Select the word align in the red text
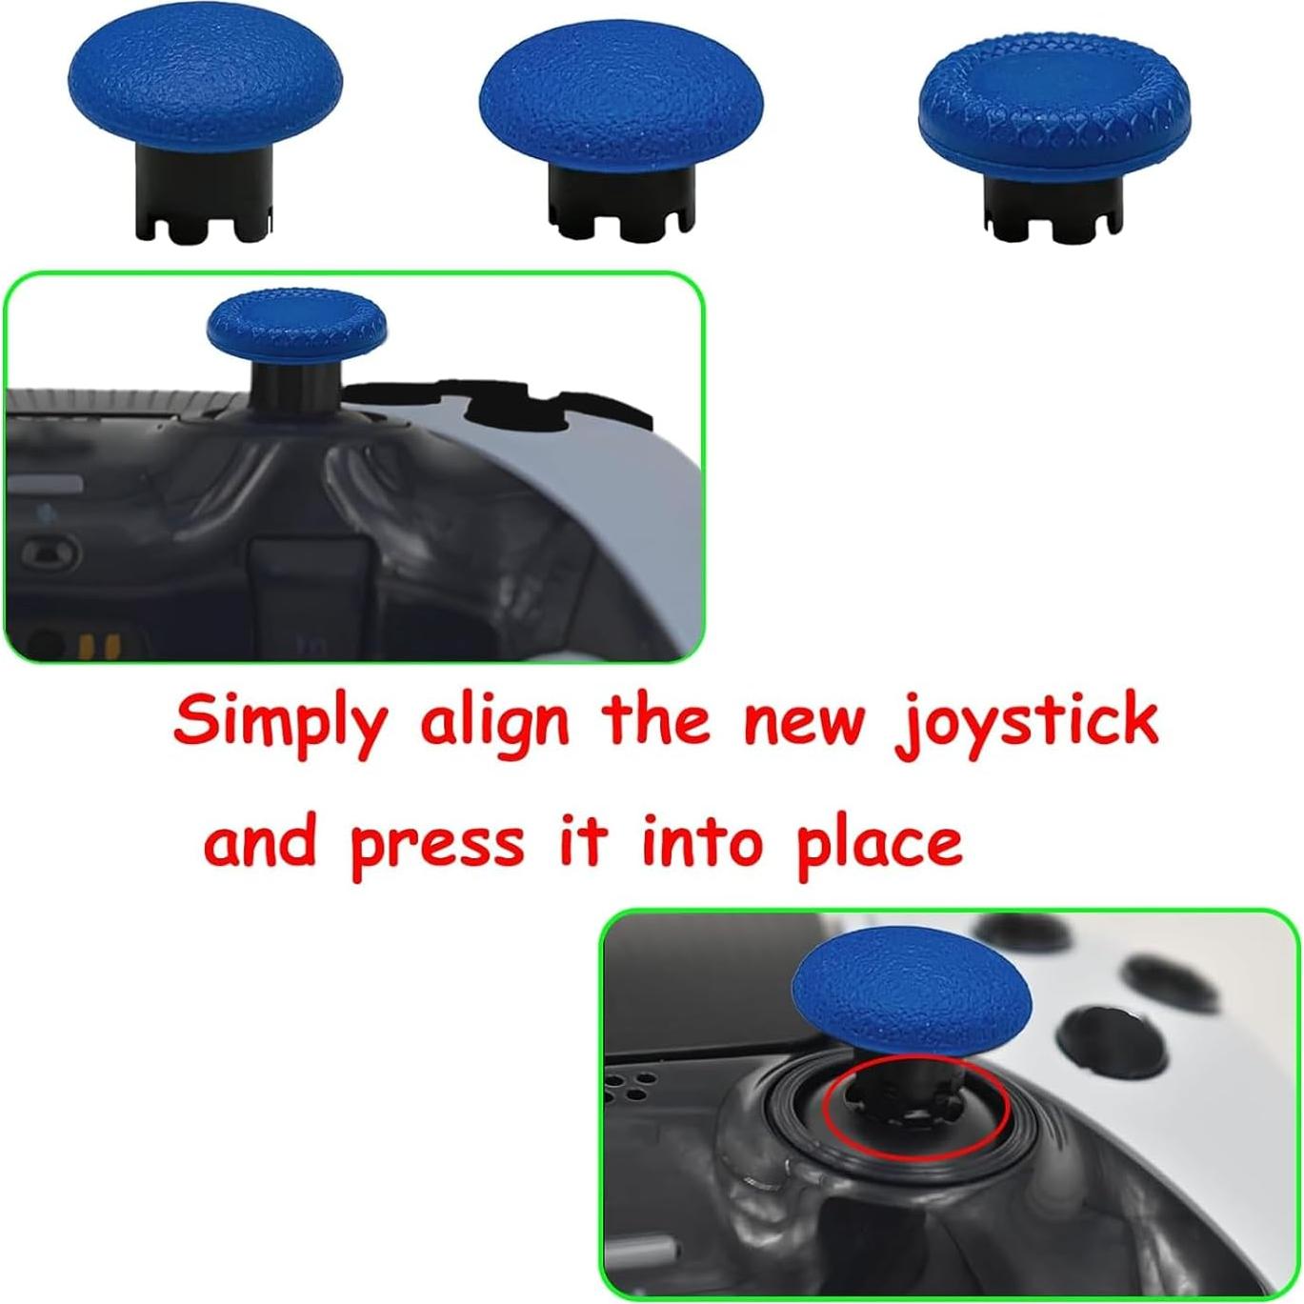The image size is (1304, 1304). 495,724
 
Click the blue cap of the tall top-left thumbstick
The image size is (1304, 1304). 205,84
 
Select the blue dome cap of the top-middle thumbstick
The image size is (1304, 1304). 621,103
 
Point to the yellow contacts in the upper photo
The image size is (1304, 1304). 98,646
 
